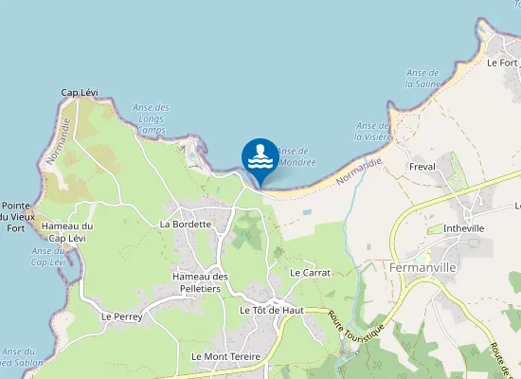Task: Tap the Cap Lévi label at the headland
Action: coord(80,92)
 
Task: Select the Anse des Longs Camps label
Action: coord(151,118)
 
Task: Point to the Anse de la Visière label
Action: coord(374,131)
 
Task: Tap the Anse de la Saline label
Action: coord(422,78)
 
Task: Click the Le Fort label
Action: coord(502,63)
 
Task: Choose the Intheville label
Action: coord(464,227)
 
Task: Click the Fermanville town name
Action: coord(424,267)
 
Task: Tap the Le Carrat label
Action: coord(311,272)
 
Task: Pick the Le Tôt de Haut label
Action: coord(271,310)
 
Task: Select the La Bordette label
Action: coord(185,225)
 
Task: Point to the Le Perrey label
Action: coord(121,316)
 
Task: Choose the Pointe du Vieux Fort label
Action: coord(20,217)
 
